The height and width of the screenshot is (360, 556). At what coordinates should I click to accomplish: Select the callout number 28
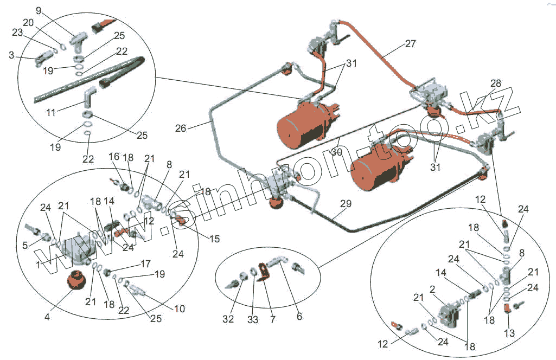point(495,83)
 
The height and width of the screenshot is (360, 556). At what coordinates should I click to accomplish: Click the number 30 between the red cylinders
point(337,153)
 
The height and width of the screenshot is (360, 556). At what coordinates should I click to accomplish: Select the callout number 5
point(24,245)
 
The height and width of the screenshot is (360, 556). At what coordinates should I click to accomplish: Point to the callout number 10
point(180,309)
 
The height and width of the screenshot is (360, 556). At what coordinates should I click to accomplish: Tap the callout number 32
point(228,319)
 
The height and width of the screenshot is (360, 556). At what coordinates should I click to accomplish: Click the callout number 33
point(253,319)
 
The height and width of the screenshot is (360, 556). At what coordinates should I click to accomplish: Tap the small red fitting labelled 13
point(506,309)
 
